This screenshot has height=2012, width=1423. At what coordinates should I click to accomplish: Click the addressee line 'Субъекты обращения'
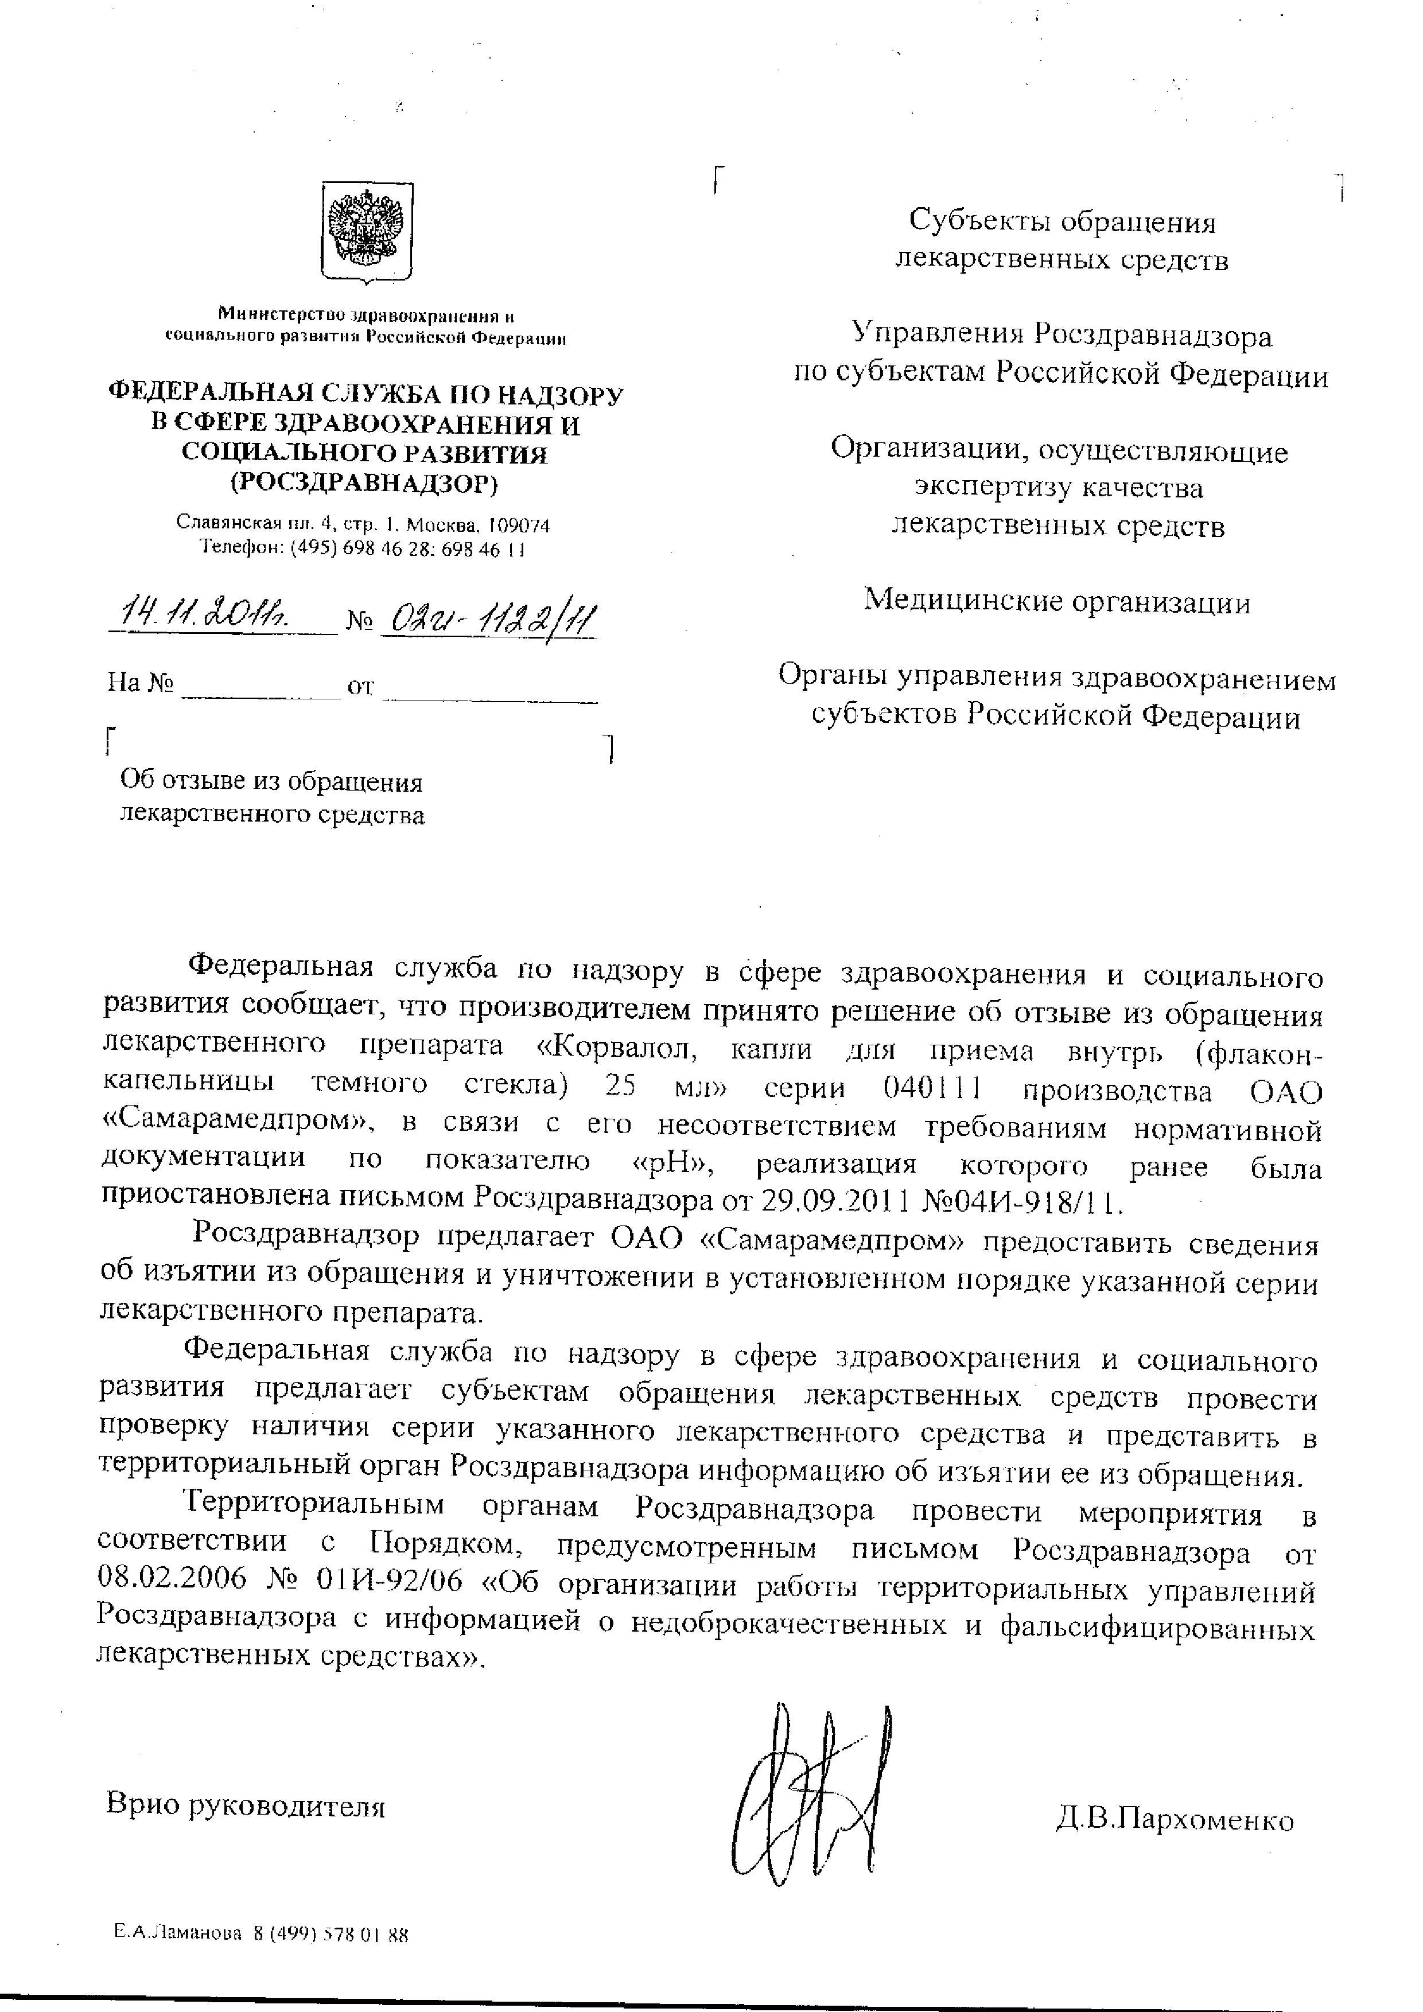1062,221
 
